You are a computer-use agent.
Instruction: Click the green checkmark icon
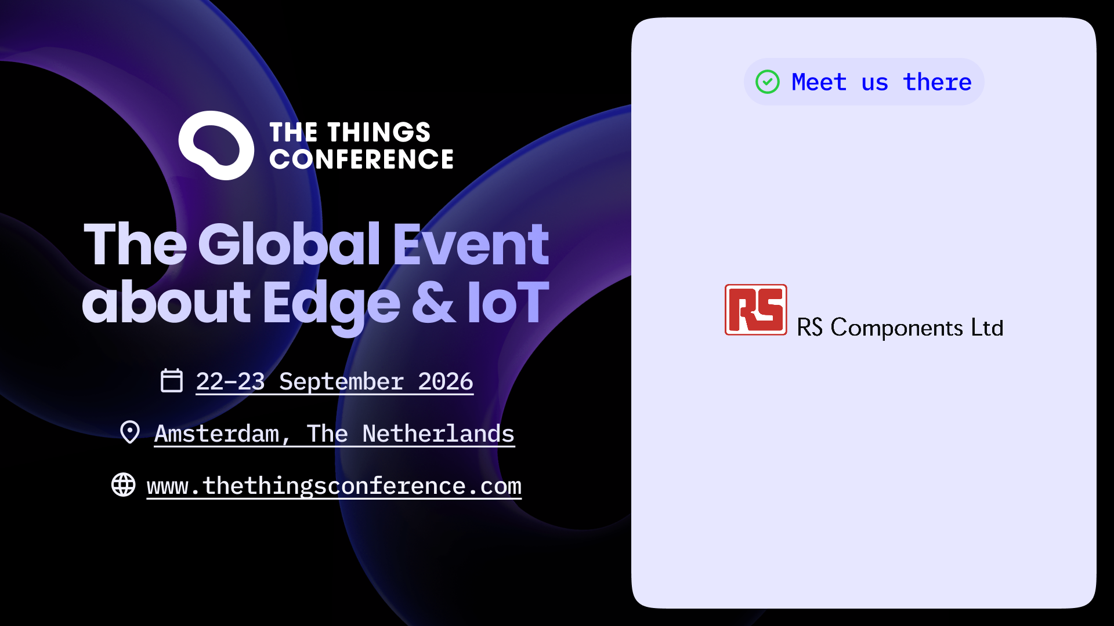pos(767,82)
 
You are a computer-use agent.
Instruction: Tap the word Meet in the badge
pos(819,82)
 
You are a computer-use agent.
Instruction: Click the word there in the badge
pos(937,82)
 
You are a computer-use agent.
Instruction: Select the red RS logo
pos(755,310)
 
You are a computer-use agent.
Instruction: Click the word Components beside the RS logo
pos(897,329)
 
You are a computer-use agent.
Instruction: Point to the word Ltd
pos(987,327)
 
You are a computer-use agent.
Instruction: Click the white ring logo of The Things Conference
pos(216,145)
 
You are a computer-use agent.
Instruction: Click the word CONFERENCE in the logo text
pos(361,159)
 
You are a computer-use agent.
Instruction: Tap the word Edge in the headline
pos(331,305)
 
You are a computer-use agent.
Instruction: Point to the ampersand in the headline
pos(433,302)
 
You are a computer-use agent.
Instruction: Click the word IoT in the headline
pos(508,302)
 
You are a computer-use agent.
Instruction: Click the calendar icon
pos(172,380)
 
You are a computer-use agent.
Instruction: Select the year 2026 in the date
pos(446,381)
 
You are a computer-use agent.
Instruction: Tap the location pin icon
pos(130,432)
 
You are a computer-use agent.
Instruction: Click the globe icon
pos(124,485)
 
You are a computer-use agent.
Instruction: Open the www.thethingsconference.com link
pos(334,486)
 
